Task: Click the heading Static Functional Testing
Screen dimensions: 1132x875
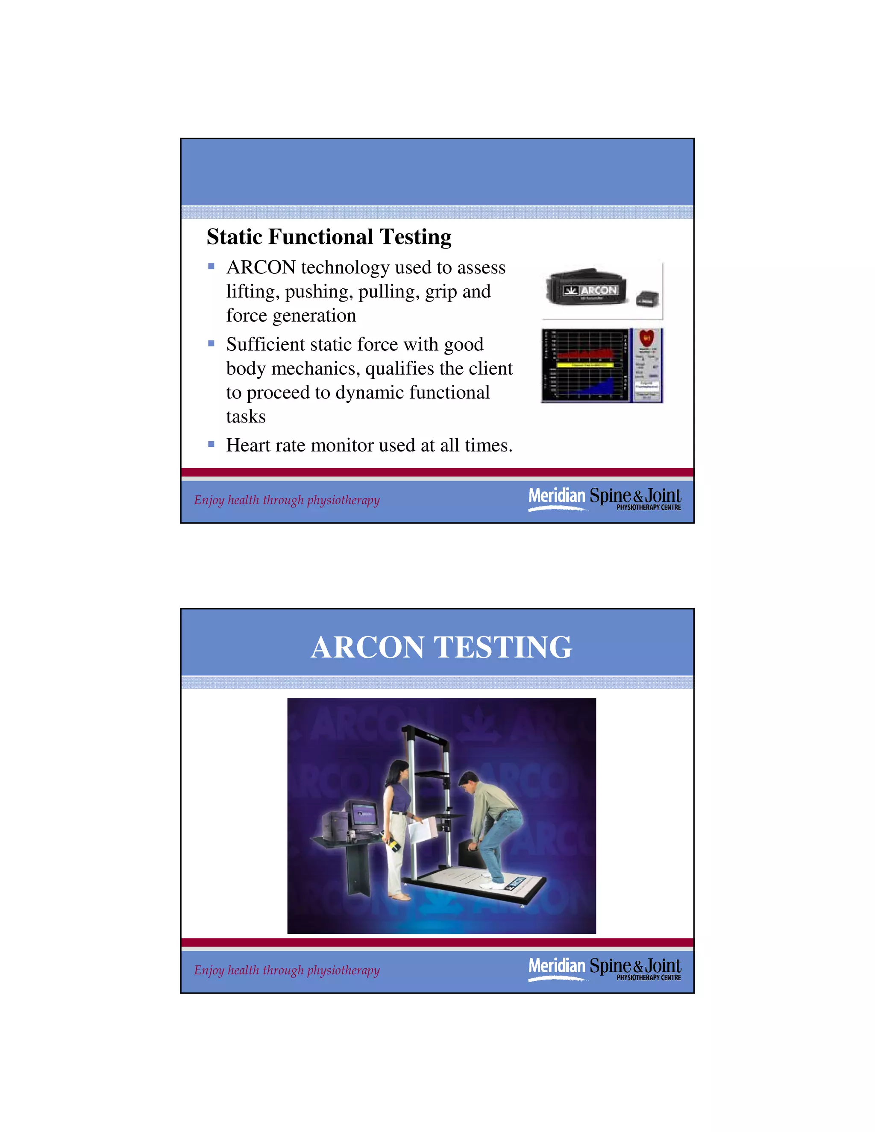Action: point(329,237)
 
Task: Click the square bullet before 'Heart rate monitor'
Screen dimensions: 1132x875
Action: point(211,444)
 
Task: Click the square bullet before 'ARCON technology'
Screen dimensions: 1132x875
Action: point(211,267)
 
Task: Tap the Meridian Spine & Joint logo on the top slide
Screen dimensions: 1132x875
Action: point(605,499)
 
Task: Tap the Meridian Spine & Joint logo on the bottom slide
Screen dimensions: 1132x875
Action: point(605,969)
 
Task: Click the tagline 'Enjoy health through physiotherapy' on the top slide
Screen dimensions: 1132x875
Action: point(287,500)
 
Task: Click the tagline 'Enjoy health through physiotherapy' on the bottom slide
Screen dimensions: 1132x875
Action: point(287,970)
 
